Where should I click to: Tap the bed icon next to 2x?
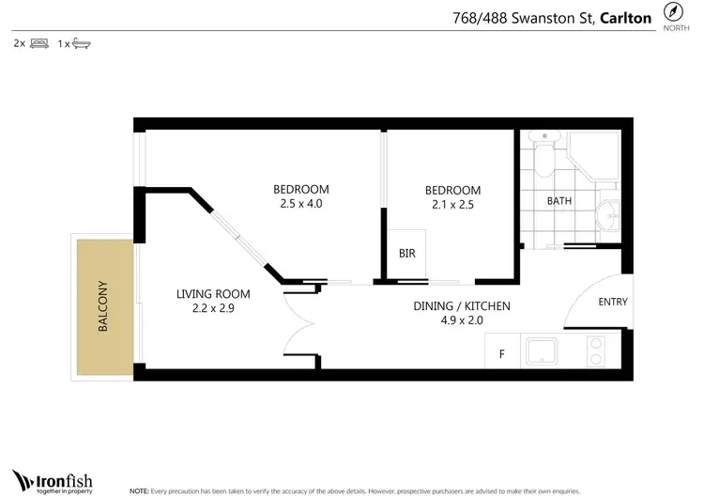click(39, 43)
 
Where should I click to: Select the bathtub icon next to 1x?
click(81, 43)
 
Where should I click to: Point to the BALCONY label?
click(103, 307)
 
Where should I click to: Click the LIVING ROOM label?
click(213, 294)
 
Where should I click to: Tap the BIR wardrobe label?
click(406, 254)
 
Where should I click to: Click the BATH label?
click(559, 200)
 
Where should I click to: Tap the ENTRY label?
click(612, 302)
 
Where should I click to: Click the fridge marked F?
click(501, 355)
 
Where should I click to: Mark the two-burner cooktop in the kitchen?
click(596, 350)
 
